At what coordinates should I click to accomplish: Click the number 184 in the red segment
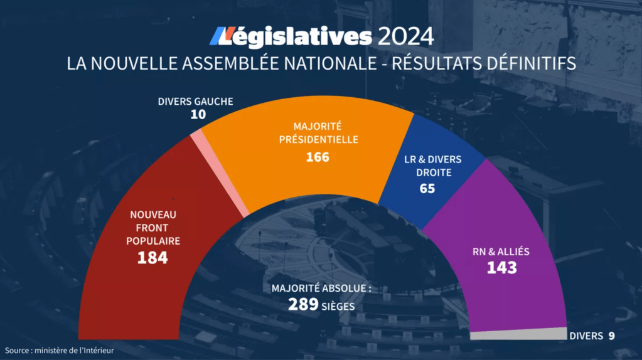152,257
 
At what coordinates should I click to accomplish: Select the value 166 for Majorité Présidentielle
318,157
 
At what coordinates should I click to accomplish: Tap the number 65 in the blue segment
427,188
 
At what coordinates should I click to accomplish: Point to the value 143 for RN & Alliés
501,268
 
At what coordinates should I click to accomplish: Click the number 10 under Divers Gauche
198,115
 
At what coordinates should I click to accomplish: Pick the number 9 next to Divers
611,336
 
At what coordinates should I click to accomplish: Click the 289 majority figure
303,305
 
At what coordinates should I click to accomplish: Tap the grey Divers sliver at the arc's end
518,334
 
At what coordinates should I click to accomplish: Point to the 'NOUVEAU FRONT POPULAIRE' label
152,228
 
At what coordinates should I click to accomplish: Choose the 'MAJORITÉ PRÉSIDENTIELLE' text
318,133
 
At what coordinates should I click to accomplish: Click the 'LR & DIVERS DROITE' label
427,166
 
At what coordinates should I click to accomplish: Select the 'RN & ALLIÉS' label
501,251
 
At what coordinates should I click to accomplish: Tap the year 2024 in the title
405,37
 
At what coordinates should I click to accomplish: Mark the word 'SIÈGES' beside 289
338,307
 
